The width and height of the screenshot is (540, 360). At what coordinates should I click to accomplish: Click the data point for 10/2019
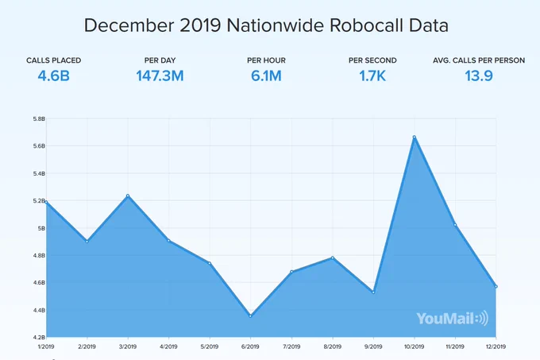[x=415, y=137]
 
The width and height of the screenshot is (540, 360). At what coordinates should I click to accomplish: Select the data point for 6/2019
[x=250, y=316]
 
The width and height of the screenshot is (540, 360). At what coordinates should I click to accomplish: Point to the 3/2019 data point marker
[x=128, y=195]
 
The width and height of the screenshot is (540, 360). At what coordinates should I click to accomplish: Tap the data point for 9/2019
[x=373, y=292]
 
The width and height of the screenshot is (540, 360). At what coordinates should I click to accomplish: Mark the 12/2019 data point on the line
[x=496, y=287]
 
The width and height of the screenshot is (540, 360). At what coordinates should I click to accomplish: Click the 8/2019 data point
[x=332, y=257]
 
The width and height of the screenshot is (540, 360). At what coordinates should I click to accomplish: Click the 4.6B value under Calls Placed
[x=54, y=75]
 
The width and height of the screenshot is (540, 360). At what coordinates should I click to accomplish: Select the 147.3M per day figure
[x=160, y=75]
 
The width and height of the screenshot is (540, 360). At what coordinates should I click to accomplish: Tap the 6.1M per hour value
[x=266, y=75]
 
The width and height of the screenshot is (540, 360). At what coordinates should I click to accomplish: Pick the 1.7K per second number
[x=372, y=75]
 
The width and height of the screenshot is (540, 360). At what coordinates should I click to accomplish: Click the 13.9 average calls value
[x=479, y=75]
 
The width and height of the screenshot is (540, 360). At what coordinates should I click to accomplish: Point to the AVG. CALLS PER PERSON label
[x=479, y=60]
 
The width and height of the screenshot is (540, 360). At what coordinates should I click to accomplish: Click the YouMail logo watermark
[x=452, y=318]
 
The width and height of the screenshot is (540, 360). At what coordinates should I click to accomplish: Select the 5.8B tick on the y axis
[x=39, y=119]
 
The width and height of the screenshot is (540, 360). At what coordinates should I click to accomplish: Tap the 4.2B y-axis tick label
[x=39, y=337]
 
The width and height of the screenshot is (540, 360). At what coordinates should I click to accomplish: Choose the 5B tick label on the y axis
[x=41, y=228]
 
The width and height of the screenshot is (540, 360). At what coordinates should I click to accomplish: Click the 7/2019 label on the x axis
[x=291, y=346]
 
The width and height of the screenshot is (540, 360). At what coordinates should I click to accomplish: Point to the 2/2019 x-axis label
[x=87, y=346]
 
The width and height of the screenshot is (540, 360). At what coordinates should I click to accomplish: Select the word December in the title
[x=129, y=25]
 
